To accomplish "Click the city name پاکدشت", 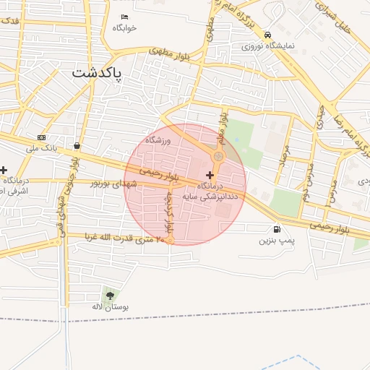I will pyautogui.click(x=98, y=73).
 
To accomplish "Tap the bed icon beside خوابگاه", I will pyautogui.click(x=124, y=17).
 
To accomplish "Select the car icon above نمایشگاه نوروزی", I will pyautogui.click(x=267, y=34).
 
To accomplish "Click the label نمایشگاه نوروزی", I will pyautogui.click(x=267, y=46).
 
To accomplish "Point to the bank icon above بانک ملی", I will pyautogui.click(x=41, y=137).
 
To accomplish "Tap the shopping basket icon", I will pyautogui.click(x=77, y=145).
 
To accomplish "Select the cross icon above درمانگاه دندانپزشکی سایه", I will pyautogui.click(x=210, y=175).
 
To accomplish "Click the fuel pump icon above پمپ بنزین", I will pyautogui.click(x=278, y=229).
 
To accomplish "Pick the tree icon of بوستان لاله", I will pyautogui.click(x=109, y=295).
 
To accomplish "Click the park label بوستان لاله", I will pyautogui.click(x=109, y=307).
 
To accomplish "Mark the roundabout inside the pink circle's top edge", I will pyautogui.click(x=218, y=157).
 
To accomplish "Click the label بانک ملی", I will pyautogui.click(x=41, y=148).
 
